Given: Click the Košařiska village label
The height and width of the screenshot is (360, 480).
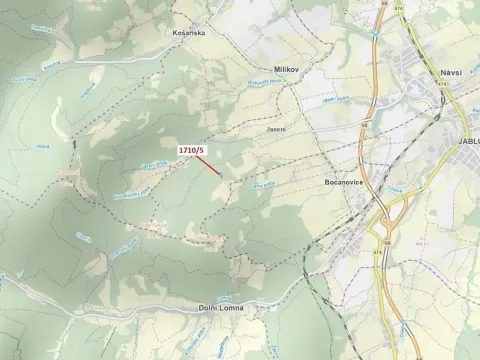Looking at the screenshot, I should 187,32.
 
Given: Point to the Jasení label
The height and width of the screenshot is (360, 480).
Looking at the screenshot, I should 276,129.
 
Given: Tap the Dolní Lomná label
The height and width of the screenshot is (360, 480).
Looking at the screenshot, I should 220,308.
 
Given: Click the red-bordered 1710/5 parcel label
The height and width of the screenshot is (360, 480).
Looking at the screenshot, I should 191,150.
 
